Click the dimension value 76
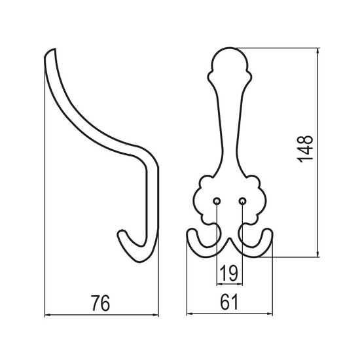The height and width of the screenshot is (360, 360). (101, 303)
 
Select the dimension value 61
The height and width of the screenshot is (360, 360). (229, 302)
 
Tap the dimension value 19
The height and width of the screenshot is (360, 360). (229, 273)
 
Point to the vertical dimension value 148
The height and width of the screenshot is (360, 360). (305, 149)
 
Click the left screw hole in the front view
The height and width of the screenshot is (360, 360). (217, 202)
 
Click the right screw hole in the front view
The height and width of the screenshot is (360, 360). (242, 202)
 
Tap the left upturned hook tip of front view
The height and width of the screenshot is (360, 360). (191, 232)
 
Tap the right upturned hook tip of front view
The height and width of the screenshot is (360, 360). (268, 232)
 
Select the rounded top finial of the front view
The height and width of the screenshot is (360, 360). (230, 58)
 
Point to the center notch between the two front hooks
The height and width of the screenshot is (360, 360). (230, 240)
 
